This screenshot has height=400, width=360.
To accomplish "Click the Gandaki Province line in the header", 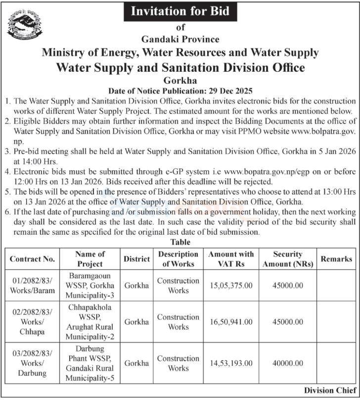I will coord(180,39).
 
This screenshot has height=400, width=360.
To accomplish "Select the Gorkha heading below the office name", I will coord(180,80).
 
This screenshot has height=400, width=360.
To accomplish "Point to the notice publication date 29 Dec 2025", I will coord(180,91).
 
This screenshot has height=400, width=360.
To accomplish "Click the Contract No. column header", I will coord(32,258).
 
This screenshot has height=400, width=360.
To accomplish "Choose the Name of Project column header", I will coord(90,258).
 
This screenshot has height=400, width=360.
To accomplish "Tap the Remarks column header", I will coord(336,258).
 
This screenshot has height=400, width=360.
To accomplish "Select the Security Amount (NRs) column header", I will coord(287,258).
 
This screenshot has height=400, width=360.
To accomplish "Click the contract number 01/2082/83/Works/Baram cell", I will coord(32,286).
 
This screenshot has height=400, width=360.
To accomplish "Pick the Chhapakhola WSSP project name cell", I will coord(90,322).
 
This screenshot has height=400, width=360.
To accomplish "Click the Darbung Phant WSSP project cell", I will coord(90,363).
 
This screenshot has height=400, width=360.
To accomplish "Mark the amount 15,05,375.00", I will coord(230,286).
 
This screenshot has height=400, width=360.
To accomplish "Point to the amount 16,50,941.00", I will coord(230,322).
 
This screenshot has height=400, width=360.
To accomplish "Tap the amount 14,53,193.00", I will coord(230,363).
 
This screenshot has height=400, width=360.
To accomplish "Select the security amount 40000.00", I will coord(287,363).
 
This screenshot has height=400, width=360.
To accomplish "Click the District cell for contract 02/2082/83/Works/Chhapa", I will coord(136,322).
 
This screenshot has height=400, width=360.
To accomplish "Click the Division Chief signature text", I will coord(328,390).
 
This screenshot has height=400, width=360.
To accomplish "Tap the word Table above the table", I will coord(180,242).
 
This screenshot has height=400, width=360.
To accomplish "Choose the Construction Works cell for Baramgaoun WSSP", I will coord(178,286).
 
